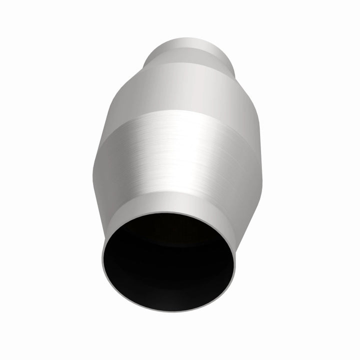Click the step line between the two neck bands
(x=190, y=48)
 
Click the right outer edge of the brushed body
(x=260, y=165)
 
